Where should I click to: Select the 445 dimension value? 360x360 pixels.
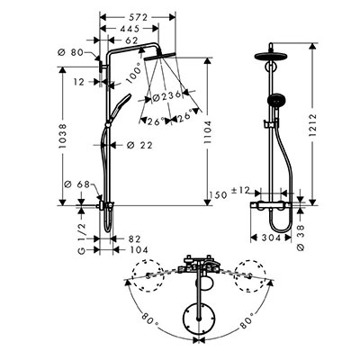129,29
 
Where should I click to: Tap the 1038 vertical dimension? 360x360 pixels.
63,137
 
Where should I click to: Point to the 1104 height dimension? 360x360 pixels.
208,132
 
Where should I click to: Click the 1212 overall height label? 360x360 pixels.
312,125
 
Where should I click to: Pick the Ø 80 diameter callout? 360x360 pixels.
70,52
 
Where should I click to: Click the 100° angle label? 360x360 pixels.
134,72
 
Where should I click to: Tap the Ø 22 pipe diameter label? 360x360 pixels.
139,146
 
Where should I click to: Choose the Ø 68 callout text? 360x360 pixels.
77,184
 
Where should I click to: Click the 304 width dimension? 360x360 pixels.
270,238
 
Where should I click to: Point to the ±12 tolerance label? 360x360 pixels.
240,190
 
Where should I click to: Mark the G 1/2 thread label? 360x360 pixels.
81,238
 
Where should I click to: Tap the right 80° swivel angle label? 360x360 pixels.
247,319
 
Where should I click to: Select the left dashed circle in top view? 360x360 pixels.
148,275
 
